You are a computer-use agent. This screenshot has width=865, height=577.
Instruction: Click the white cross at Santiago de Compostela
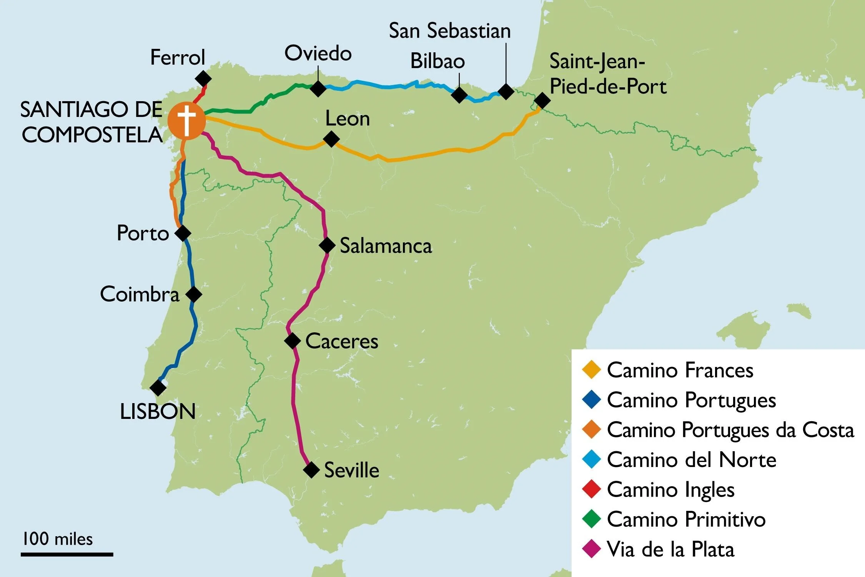[186, 120]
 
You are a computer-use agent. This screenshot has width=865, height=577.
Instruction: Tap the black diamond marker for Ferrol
[203, 78]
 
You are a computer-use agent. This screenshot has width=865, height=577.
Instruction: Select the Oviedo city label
[318, 53]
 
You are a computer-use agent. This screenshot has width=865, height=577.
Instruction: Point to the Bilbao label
[437, 61]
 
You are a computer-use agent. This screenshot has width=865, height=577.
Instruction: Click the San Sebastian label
[450, 31]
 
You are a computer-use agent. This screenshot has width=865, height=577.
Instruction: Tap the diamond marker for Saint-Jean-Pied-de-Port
[542, 100]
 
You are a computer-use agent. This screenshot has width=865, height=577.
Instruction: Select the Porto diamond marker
[183, 233]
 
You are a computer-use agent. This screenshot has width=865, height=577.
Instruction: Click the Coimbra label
[140, 294]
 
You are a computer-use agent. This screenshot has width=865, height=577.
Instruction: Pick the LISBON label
[158, 412]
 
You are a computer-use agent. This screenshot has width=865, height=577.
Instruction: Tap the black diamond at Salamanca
[327, 245]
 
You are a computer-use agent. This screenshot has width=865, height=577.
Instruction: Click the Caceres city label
[342, 341]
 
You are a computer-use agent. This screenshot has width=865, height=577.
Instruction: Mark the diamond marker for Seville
[311, 470]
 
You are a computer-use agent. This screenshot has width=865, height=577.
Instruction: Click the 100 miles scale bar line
[67, 554]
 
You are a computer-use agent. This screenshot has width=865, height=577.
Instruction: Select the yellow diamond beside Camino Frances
[591, 370]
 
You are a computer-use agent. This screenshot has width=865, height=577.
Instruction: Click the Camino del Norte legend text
[691, 460]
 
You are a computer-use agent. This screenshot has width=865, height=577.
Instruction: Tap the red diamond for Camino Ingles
[591, 489]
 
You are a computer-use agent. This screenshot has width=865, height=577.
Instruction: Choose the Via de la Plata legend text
[670, 549]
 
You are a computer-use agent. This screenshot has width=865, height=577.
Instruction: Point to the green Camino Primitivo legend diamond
[591, 519]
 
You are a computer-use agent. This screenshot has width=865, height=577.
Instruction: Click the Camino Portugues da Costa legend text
[730, 430]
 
